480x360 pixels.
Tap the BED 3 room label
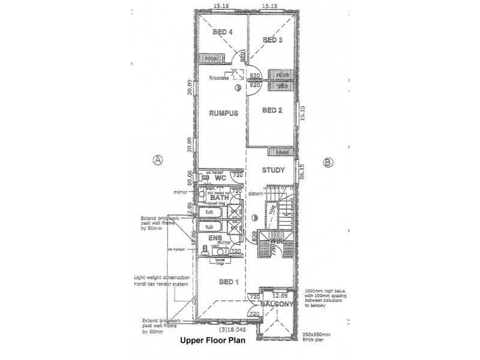[272, 40]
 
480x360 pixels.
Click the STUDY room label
[273, 170]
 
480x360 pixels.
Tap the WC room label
[220, 178]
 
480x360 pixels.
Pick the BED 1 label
[229, 282]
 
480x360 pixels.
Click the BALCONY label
[280, 305]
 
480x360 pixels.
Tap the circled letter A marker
[158, 160]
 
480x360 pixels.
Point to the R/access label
[219, 78]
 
